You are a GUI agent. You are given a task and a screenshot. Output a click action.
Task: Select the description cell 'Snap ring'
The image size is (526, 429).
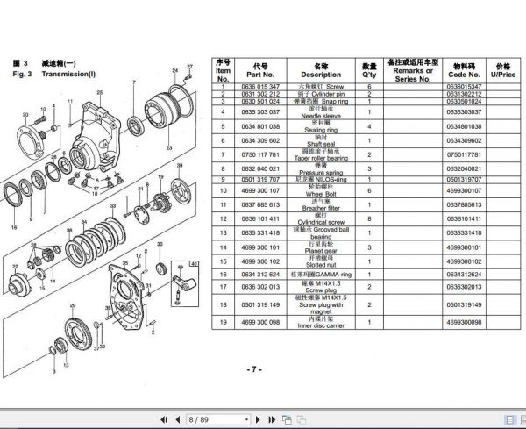pyautogui.click(x=321, y=102)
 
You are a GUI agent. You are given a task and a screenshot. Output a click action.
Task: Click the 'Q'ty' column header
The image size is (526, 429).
pyautogui.click(x=370, y=70)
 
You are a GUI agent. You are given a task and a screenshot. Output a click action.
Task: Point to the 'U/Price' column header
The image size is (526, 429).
pyautogui.click(x=503, y=70)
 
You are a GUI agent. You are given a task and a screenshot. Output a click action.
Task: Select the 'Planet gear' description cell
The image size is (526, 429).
pyautogui.click(x=321, y=248)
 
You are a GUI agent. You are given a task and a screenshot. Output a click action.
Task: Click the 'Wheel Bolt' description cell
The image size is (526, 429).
pyautogui.click(x=321, y=189)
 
